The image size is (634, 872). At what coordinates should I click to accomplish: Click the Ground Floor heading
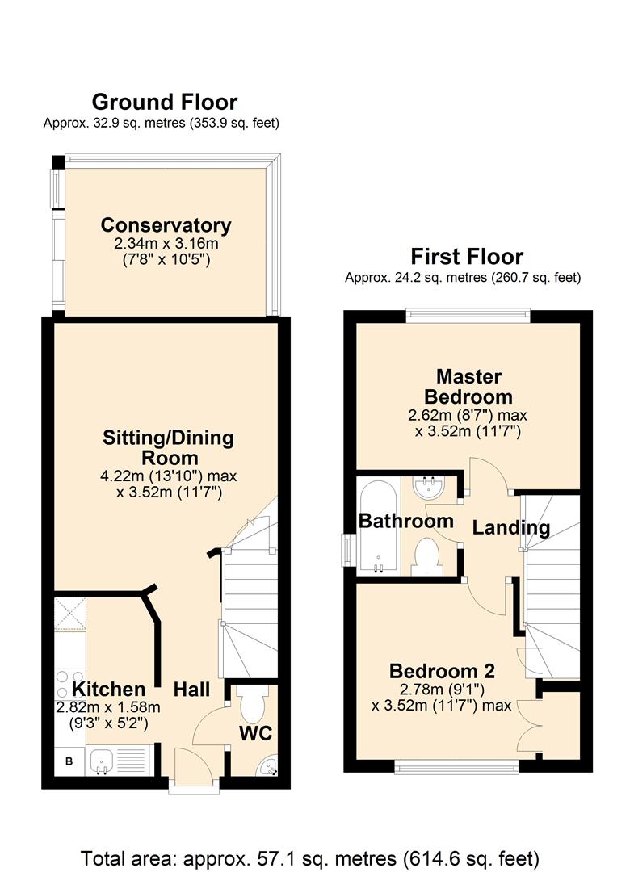tap(165, 103)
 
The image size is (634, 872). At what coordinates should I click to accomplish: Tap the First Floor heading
tap(467, 257)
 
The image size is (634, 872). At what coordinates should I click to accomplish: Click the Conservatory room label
tap(166, 225)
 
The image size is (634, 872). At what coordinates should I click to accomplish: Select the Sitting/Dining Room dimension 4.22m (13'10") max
tap(169, 476)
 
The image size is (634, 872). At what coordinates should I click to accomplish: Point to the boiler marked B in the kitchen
tap(69, 761)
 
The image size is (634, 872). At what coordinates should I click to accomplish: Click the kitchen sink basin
tap(102, 761)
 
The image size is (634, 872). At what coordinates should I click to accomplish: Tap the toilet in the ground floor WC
tap(251, 705)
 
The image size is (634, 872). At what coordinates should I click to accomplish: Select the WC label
tap(256, 733)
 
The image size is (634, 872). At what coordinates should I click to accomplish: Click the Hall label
tap(192, 690)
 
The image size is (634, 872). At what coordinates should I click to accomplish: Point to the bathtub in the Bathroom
tap(379, 526)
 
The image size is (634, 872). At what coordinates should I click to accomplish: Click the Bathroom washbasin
tap(429, 487)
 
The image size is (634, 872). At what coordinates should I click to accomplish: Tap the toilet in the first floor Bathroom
tap(428, 557)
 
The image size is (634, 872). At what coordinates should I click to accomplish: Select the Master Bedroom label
tap(468, 387)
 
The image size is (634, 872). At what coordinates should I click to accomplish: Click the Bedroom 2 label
tap(442, 671)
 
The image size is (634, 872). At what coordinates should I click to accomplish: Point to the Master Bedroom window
tap(468, 316)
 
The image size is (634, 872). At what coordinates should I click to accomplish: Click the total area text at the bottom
tap(310, 858)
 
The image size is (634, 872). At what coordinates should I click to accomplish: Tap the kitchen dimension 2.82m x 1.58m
tap(108, 707)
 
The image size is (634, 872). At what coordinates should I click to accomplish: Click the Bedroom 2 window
tap(456, 768)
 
